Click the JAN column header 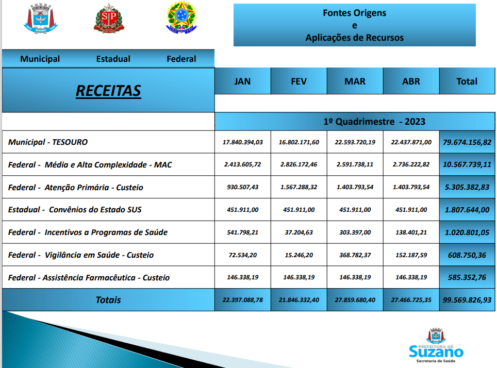click(242, 81)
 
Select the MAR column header click(355, 81)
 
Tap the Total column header click(467, 81)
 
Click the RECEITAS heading click(108, 91)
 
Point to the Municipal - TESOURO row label click(48, 142)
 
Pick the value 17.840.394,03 click(242, 142)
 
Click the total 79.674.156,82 click(467, 142)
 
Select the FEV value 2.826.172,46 click(299, 165)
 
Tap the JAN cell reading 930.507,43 click(242, 188)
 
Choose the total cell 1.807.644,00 click(467, 210)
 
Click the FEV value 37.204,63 click(299, 232)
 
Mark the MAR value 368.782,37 click(355, 255)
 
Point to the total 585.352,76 click(467, 278)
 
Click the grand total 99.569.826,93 click(467, 300)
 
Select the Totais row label click(108, 300)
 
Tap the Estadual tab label click(113, 59)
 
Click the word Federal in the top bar click(181, 59)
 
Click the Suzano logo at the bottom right click(436, 346)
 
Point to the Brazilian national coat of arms click(181, 19)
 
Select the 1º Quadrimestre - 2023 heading click(374, 122)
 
